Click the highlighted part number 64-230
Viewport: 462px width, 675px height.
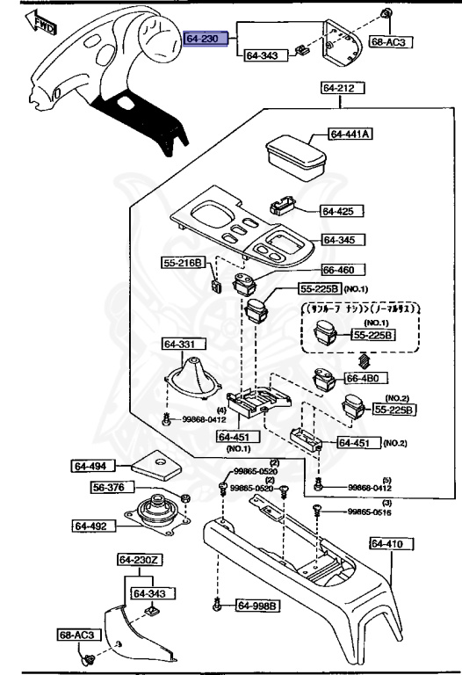pos(206,39)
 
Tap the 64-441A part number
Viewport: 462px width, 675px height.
pos(350,134)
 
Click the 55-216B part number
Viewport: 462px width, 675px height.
pos(182,262)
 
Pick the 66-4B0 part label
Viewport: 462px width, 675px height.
pos(364,378)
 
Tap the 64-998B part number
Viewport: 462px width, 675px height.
pos(256,606)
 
